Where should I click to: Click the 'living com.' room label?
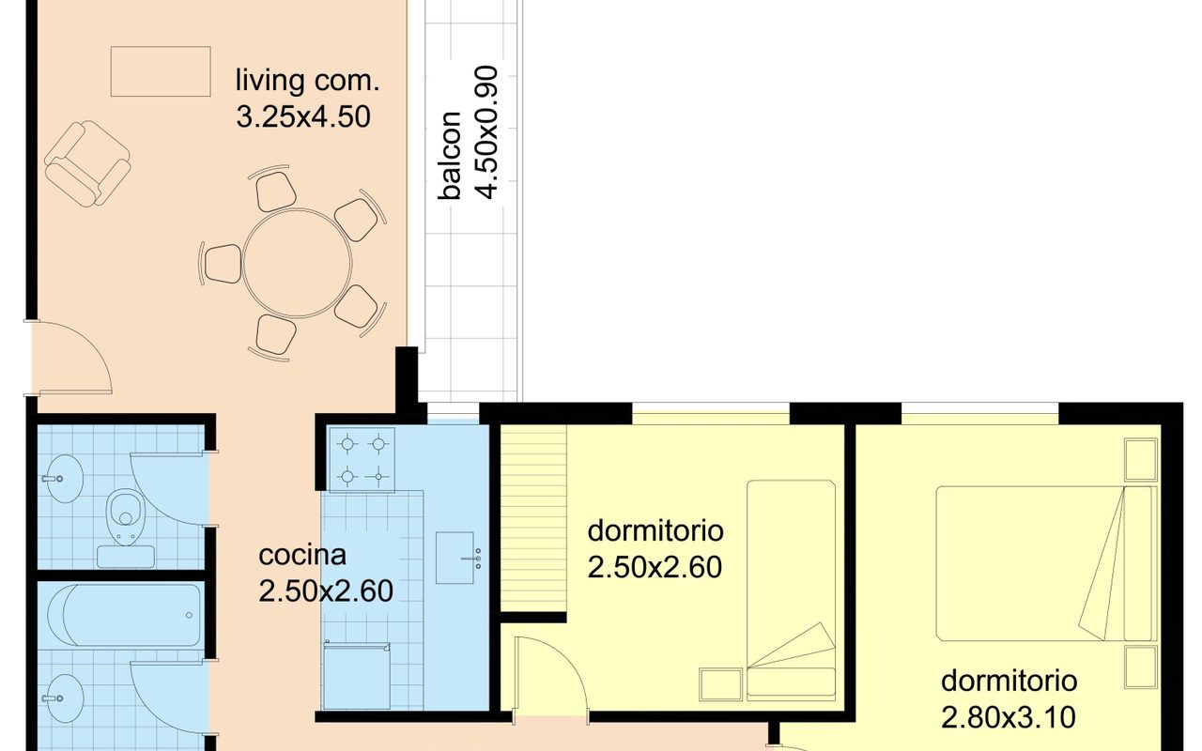[x=307, y=81]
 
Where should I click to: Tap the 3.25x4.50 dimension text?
[x=303, y=117]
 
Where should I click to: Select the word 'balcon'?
[x=449, y=156]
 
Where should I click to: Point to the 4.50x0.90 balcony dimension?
[x=487, y=132]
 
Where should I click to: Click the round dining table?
[x=297, y=264]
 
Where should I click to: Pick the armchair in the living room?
[x=87, y=163]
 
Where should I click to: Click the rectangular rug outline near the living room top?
[x=161, y=71]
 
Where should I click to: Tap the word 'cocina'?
[x=302, y=555]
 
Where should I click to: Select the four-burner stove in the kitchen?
[x=362, y=460]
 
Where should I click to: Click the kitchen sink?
[x=455, y=558]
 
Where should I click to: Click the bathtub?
[x=124, y=615]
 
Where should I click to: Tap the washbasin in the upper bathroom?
[x=63, y=479]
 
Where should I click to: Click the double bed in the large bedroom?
[x=1044, y=563]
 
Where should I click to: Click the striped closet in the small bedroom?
[x=533, y=518]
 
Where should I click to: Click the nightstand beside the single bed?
[x=721, y=684]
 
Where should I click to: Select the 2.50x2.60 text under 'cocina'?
[x=326, y=591]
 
